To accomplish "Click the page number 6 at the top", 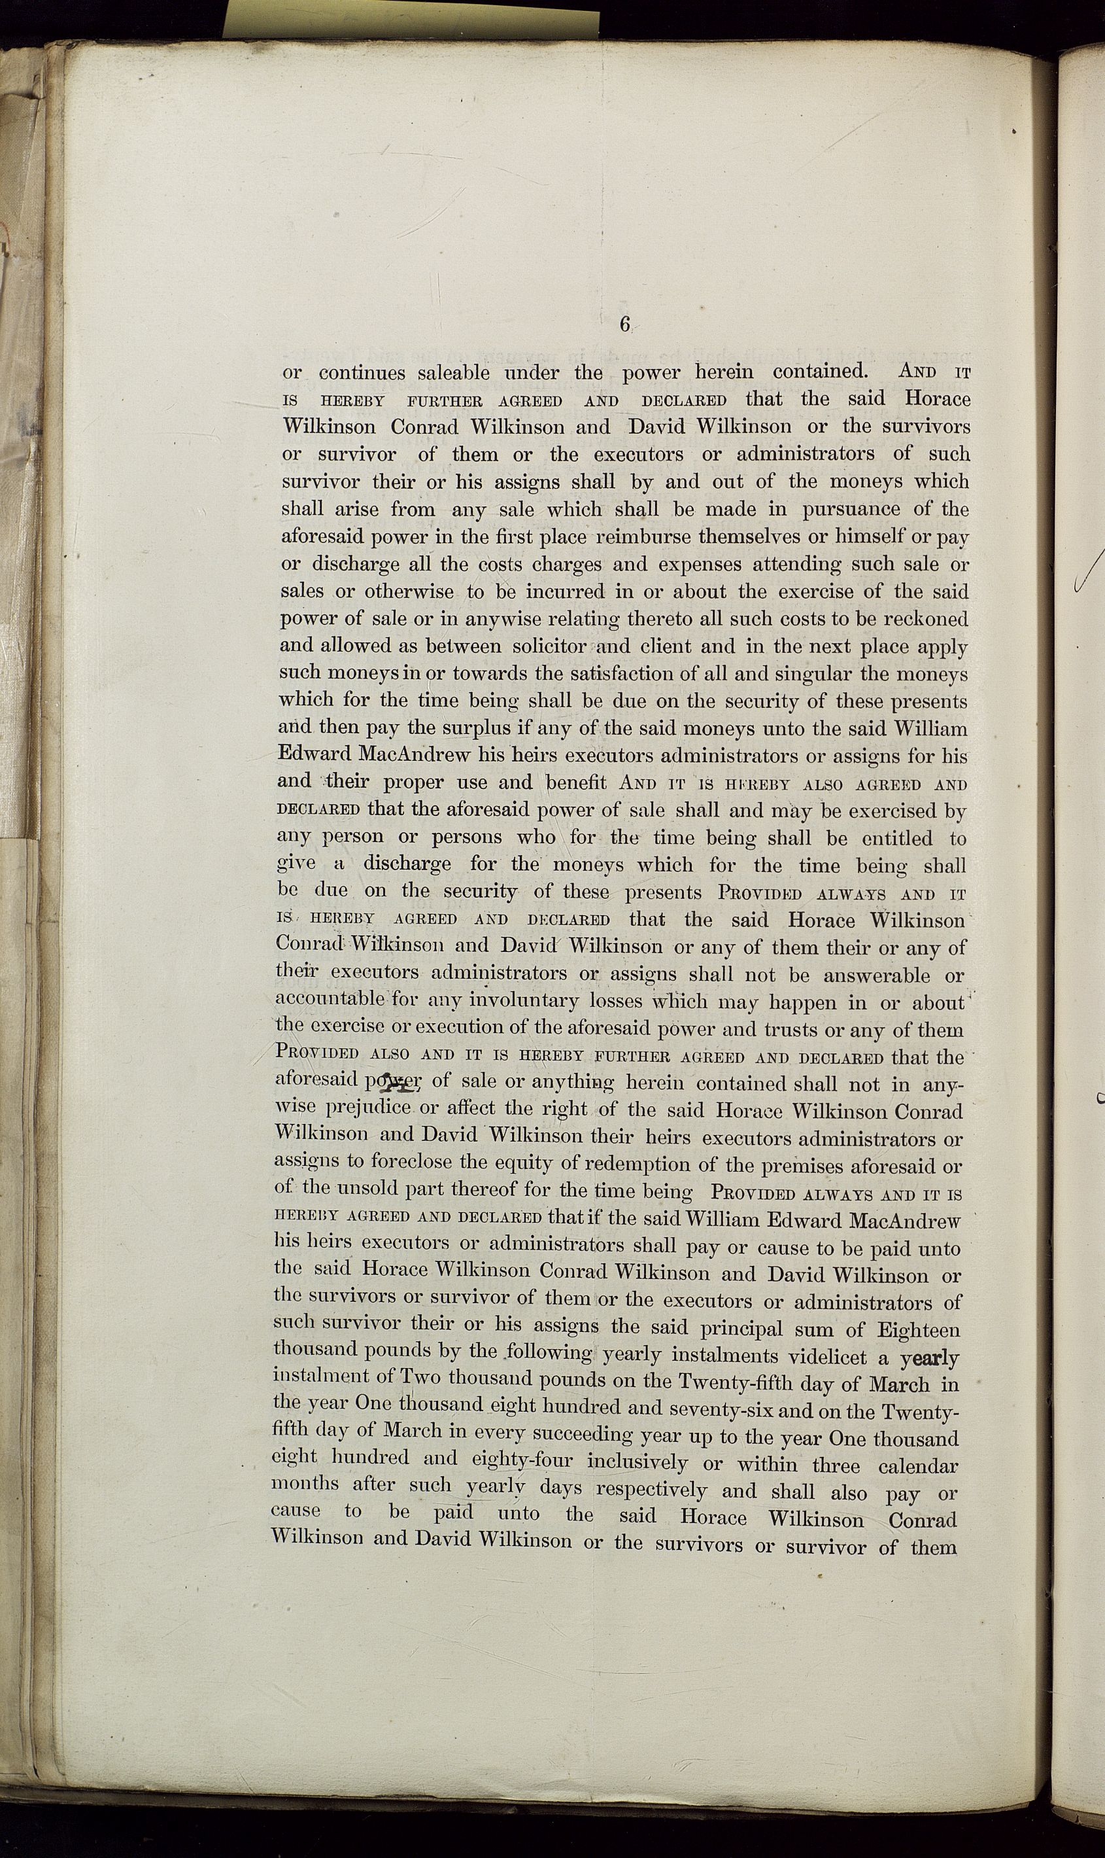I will [624, 324].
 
